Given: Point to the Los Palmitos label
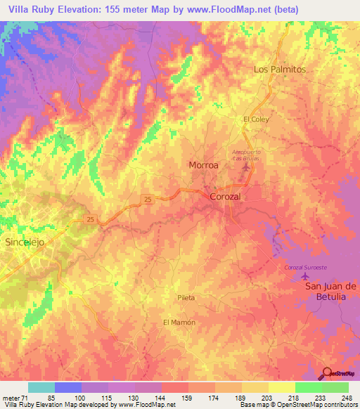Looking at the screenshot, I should coord(279,70).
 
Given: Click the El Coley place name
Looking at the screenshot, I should coord(256,119).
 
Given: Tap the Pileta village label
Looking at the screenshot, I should coord(186,298).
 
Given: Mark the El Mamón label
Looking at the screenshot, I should coord(179,322).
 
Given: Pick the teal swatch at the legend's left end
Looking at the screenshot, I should coord(41,387).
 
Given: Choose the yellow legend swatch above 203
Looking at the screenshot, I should coord(255,387).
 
